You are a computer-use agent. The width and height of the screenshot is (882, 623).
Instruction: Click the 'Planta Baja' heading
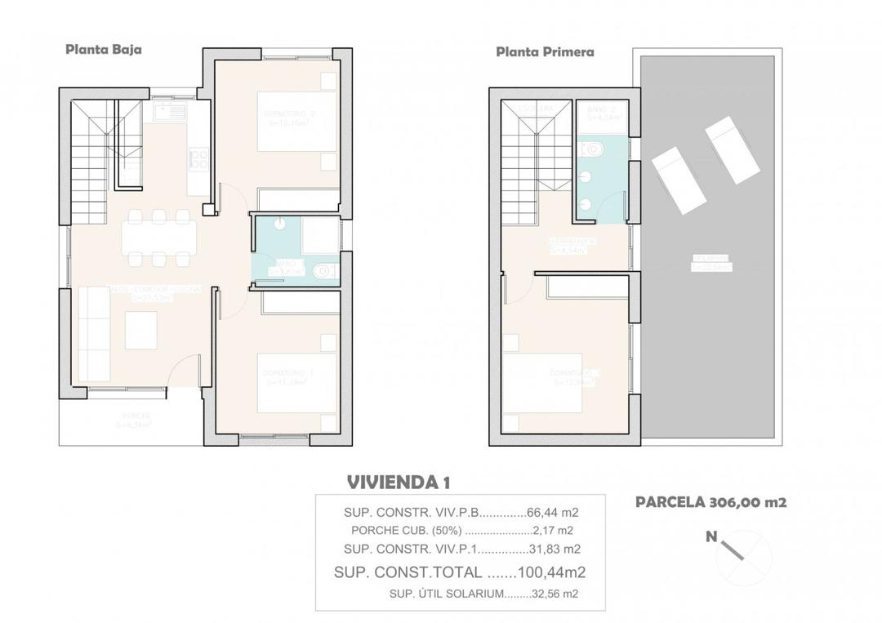(x=104, y=49)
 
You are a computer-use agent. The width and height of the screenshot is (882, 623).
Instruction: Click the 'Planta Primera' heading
(x=545, y=51)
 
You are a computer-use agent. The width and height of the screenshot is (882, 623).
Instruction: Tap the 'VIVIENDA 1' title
(x=398, y=482)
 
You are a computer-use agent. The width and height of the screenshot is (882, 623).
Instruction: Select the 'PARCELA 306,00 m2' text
(x=710, y=503)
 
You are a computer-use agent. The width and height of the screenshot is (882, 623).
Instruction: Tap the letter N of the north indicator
(x=711, y=537)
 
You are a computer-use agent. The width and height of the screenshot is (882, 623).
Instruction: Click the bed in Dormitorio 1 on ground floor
(x=296, y=382)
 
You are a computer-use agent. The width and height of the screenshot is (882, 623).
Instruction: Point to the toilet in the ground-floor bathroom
(x=321, y=271)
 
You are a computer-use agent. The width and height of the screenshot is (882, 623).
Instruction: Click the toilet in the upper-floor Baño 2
(x=591, y=149)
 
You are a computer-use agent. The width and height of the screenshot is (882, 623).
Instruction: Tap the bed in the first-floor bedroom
(x=542, y=383)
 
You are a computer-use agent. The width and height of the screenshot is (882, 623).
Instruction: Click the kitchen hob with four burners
(x=198, y=160)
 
